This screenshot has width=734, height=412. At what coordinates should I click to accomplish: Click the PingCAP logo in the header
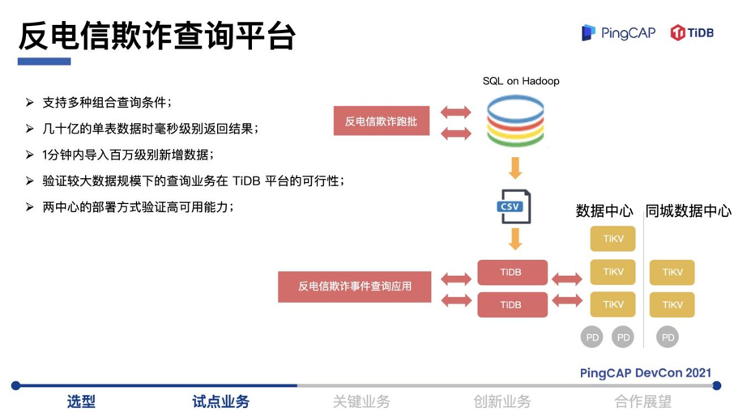[617, 32]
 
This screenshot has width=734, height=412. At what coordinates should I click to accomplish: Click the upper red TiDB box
[512, 273]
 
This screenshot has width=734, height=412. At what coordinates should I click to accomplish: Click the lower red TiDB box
[512, 304]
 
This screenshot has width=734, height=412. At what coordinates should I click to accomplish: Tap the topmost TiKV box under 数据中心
[612, 240]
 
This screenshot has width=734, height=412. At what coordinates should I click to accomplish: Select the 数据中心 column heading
[604, 211]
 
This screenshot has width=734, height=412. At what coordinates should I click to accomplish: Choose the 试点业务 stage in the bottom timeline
[220, 401]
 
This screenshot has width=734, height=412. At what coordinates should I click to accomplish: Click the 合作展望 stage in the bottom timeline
[642, 401]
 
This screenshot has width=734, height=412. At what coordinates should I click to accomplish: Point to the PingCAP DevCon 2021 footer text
[646, 372]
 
